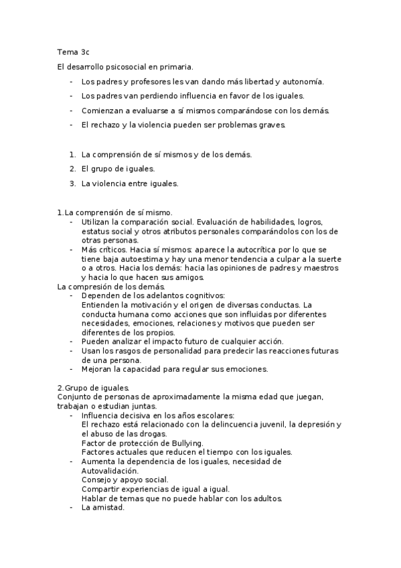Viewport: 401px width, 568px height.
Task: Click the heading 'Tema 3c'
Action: [74, 52]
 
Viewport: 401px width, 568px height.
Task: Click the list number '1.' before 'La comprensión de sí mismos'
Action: [72, 155]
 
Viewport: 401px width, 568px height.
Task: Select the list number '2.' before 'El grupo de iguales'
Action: [72, 169]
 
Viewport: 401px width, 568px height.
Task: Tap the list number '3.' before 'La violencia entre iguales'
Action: [72, 183]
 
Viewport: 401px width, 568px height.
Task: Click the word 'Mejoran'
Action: [98, 369]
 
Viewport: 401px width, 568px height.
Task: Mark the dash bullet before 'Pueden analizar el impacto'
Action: [71, 342]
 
